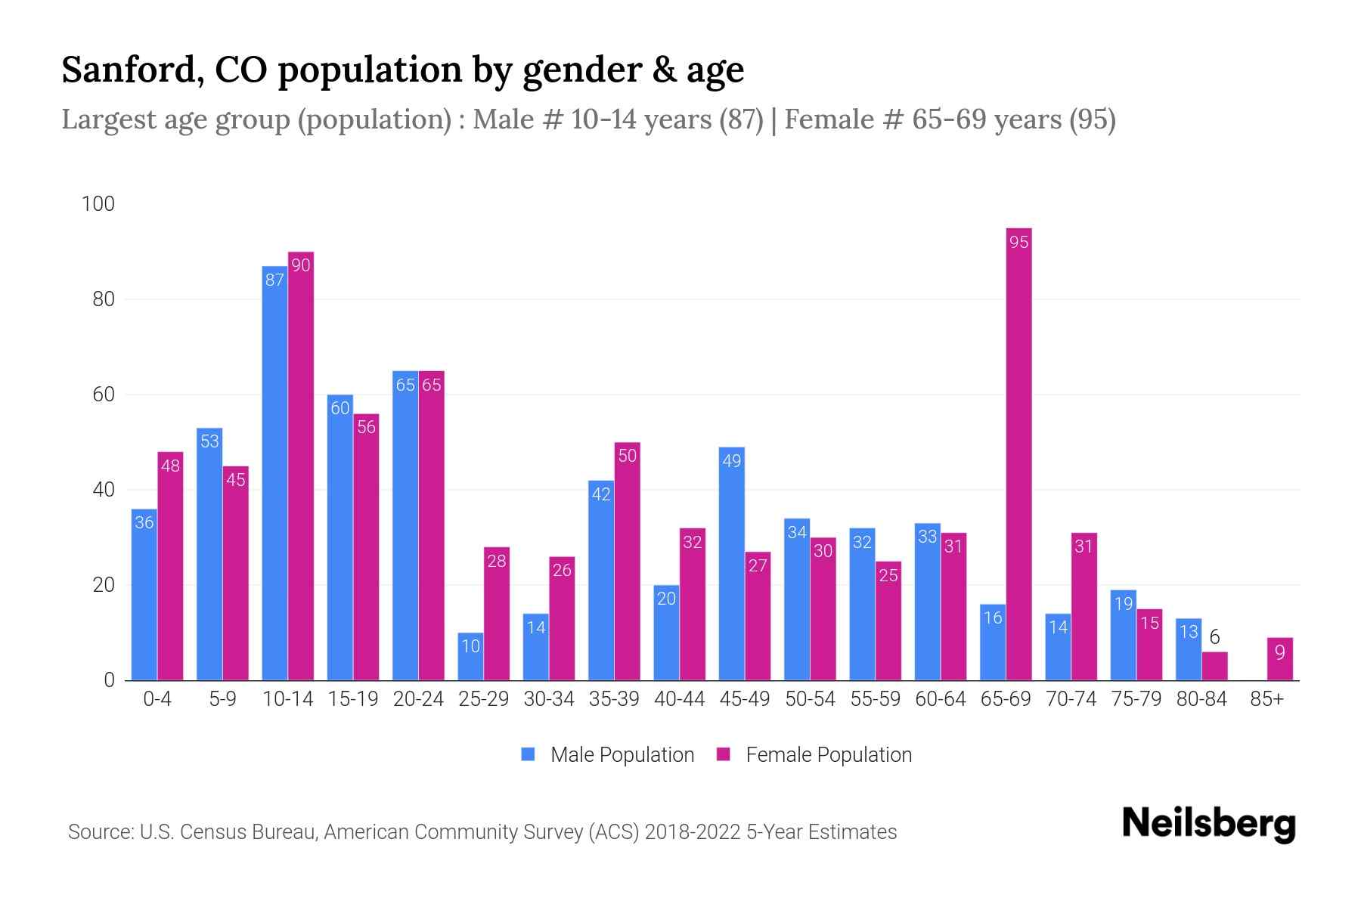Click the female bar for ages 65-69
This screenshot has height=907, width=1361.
(x=1018, y=453)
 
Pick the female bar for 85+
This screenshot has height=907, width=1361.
(x=1279, y=659)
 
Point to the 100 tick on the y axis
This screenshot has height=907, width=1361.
(x=98, y=204)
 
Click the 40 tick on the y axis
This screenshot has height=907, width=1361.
(x=103, y=490)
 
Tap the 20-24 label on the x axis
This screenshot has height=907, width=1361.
(x=418, y=699)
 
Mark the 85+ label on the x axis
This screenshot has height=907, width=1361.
(x=1266, y=699)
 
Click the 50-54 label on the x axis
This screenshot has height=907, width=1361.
(x=810, y=699)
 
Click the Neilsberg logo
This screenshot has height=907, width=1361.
(x=1208, y=825)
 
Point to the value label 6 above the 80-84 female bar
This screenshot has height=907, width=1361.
(x=1214, y=638)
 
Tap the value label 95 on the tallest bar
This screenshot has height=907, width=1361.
(x=1018, y=243)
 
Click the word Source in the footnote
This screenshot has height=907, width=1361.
(x=100, y=832)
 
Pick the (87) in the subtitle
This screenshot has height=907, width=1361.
(x=741, y=119)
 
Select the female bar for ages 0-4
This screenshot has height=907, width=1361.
(x=170, y=566)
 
